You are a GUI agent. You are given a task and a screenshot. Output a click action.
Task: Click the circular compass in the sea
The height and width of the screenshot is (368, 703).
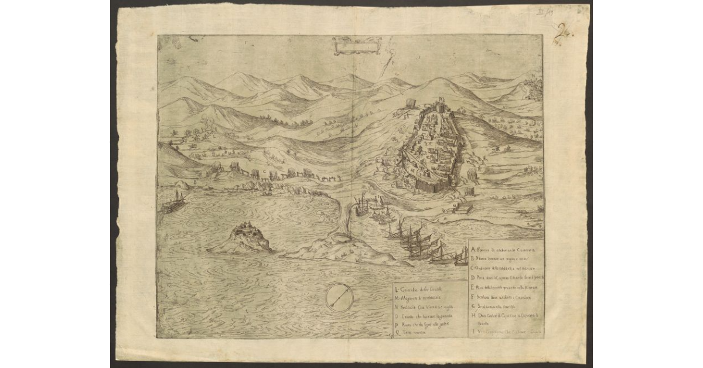[339, 297]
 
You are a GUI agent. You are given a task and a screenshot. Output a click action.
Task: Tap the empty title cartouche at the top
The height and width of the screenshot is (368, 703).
[357, 45]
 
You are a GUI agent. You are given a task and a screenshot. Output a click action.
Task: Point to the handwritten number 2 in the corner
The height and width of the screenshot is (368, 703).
[566, 30]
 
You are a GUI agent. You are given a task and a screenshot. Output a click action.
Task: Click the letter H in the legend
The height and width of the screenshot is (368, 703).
[472, 315]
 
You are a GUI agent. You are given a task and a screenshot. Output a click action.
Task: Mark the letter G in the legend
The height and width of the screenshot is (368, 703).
[472, 306]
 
